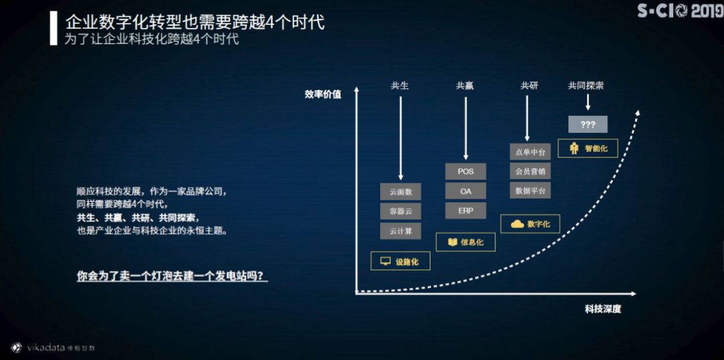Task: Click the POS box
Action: click(x=465, y=172)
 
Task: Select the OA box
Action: click(x=465, y=191)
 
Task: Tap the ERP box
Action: click(x=465, y=211)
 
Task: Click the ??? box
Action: click(x=587, y=125)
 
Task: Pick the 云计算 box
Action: click(x=400, y=231)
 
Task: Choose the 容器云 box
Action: click(x=400, y=211)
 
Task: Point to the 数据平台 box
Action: click(x=530, y=190)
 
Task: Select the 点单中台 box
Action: click(x=530, y=152)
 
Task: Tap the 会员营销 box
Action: click(x=530, y=171)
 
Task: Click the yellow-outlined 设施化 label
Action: click(x=400, y=261)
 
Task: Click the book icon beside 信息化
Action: click(x=452, y=242)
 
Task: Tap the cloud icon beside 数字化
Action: click(x=517, y=224)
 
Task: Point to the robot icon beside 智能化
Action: click(x=574, y=148)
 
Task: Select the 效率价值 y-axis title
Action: click(x=322, y=95)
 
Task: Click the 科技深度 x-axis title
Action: click(x=603, y=309)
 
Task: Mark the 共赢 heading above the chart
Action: click(x=465, y=86)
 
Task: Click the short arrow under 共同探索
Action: click(x=587, y=102)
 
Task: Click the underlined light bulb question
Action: click(x=172, y=276)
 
